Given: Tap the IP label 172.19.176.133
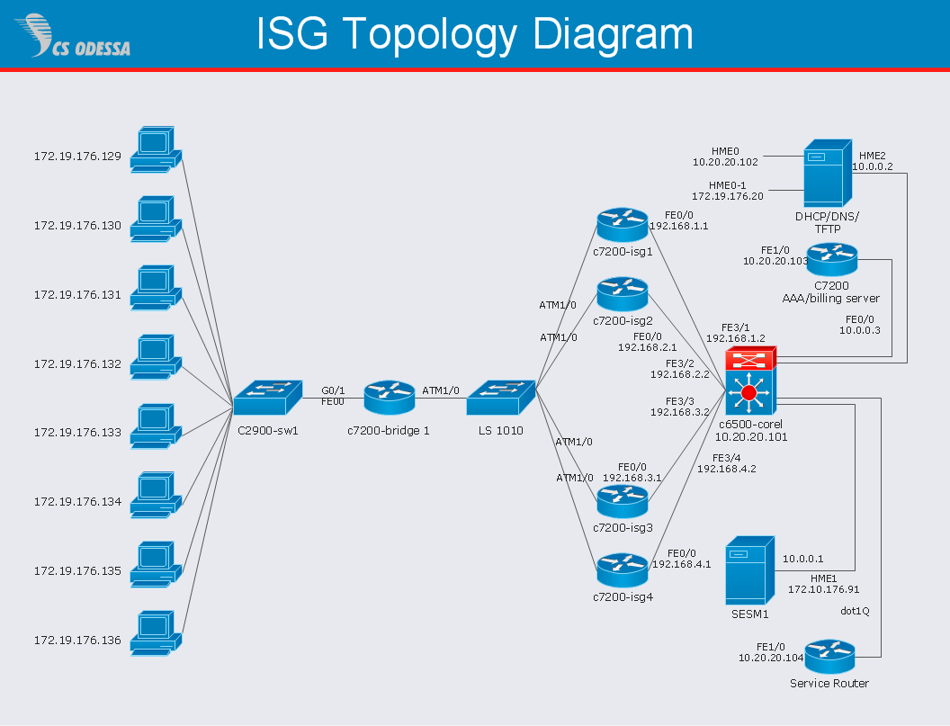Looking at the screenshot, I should pos(77,433).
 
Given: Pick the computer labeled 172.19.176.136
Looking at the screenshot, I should pos(155,632).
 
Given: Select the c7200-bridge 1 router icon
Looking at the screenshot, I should pos(389,398).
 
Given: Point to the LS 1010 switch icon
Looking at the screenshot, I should pos(500,398).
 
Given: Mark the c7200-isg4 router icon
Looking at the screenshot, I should pos(622,569).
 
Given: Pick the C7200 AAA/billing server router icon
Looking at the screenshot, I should pos(832,260).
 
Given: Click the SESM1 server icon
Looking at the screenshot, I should pos(749,570).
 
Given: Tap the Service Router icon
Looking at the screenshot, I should pos(829,657).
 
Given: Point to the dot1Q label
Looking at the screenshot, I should pos(855,612).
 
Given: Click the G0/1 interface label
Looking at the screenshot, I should pos(333,390).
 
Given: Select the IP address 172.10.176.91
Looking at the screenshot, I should pos(824,590).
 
